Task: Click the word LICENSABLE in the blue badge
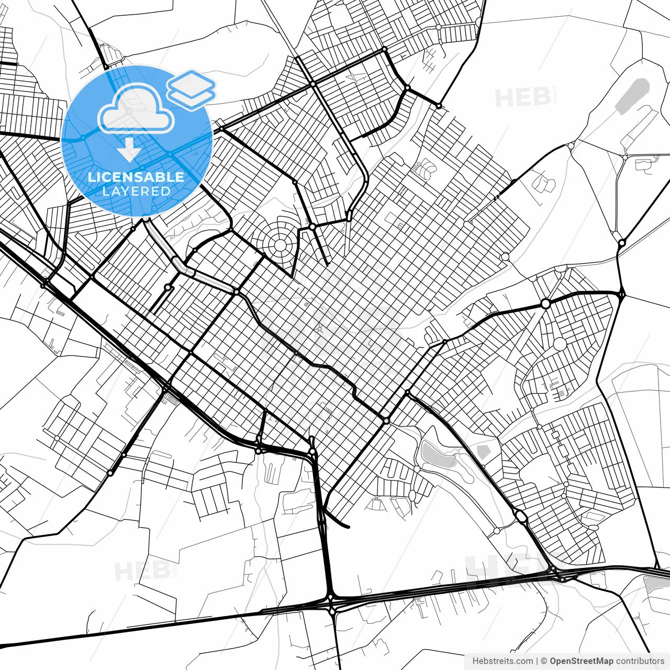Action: click(x=136, y=177)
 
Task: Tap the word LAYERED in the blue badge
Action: click(x=136, y=191)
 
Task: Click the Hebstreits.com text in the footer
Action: click(x=502, y=661)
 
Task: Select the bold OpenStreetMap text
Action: click(x=581, y=661)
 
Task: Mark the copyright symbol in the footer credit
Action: click(x=544, y=661)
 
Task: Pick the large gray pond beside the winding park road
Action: click(x=438, y=454)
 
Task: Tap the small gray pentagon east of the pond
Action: click(x=482, y=451)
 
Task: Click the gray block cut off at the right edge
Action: click(x=658, y=584)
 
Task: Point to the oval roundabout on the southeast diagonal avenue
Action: click(x=521, y=517)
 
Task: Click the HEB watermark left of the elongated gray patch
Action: click(x=522, y=97)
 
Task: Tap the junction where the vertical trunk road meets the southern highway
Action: click(x=331, y=598)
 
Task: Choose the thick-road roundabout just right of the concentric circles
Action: click(x=312, y=227)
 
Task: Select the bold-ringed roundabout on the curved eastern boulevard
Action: click(x=545, y=304)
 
